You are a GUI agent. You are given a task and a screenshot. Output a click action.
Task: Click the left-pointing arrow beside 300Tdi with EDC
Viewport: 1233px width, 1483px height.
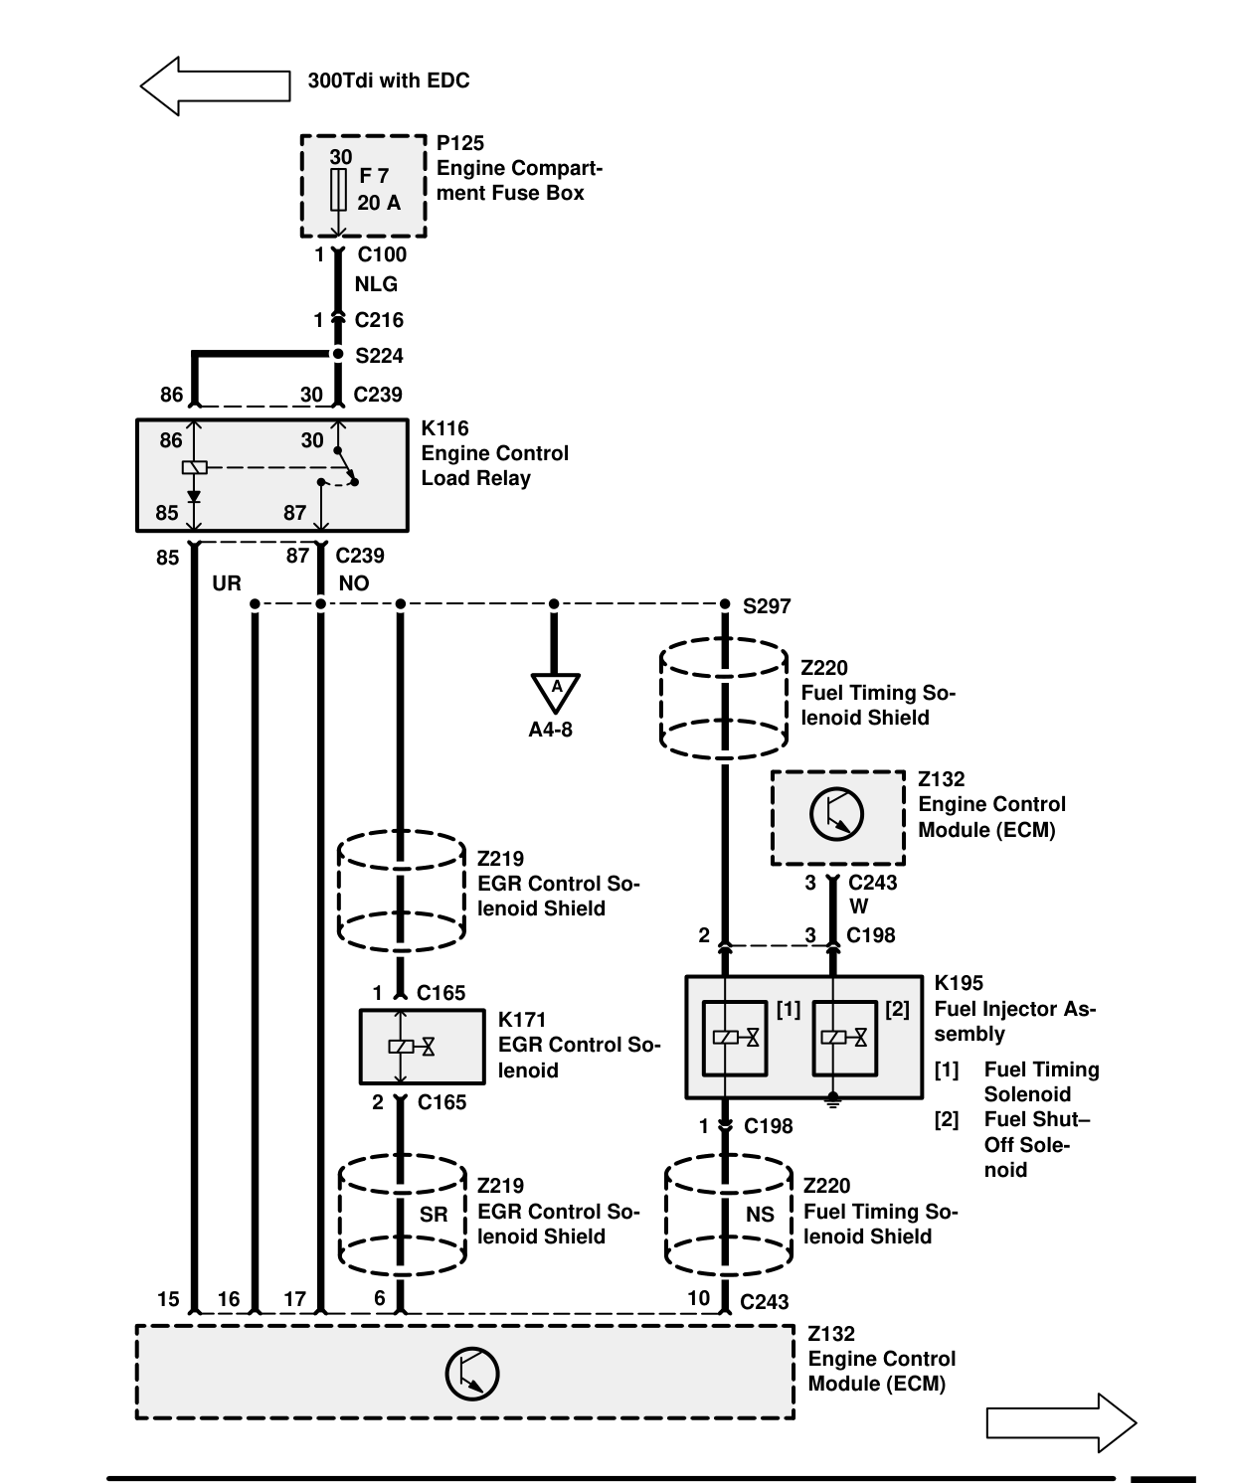point(216,85)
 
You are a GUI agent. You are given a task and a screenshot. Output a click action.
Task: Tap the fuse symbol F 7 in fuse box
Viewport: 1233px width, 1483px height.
point(338,190)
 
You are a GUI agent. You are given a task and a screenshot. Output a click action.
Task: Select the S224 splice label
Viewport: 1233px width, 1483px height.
point(379,355)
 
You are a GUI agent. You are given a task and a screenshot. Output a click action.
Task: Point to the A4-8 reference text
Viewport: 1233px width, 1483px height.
point(550,730)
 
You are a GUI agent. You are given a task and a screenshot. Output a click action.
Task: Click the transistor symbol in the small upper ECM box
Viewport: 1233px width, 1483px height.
point(836,814)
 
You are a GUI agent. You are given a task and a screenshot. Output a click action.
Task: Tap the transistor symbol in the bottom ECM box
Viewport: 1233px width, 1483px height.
point(472,1375)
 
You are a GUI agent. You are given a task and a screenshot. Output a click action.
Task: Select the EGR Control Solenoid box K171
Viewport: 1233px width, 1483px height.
point(423,1047)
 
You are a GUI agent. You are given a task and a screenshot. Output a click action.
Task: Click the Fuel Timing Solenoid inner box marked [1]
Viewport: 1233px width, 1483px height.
point(734,1039)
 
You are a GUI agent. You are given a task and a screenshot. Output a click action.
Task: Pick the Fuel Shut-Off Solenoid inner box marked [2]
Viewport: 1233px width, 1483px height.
point(844,1039)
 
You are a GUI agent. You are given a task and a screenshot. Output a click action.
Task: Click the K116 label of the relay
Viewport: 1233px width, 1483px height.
point(444,428)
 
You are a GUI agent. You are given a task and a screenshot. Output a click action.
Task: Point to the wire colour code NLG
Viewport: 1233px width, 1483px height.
point(376,284)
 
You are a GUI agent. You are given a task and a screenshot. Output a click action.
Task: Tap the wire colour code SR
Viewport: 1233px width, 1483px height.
point(434,1214)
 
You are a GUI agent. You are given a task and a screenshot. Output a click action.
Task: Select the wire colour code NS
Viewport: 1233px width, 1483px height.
point(760,1214)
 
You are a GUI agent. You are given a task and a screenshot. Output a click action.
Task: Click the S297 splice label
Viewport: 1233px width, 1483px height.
point(767,606)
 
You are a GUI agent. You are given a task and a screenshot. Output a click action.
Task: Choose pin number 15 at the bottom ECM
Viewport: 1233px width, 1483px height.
point(168,1299)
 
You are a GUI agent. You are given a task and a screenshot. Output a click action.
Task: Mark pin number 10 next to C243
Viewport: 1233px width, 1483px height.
point(699,1298)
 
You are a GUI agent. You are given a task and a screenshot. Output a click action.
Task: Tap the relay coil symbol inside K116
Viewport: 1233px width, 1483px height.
point(194,467)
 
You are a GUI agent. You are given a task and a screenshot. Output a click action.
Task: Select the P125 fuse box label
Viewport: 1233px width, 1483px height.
point(459,143)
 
